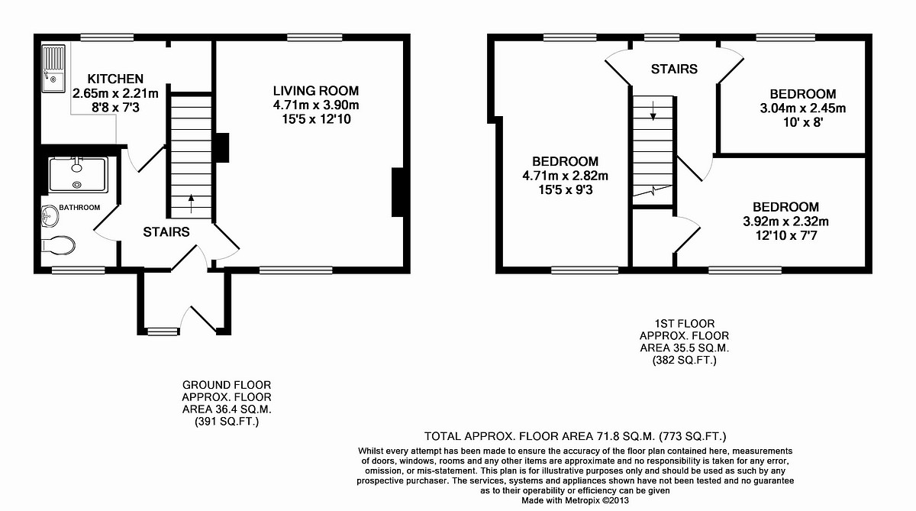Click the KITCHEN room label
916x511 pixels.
pyautogui.click(x=115, y=79)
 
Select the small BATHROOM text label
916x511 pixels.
pyautogui.click(x=80, y=208)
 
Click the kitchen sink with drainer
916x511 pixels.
pyautogui.click(x=55, y=70)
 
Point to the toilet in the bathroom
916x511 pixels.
pyautogui.click(x=58, y=245)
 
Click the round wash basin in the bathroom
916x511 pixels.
pyautogui.click(x=49, y=217)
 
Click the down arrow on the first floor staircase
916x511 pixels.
pyautogui.click(x=653, y=115)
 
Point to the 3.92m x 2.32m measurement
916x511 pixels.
pyautogui.click(x=785, y=222)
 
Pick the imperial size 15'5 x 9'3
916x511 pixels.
pyautogui.click(x=566, y=190)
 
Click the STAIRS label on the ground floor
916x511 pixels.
pyautogui.click(x=166, y=232)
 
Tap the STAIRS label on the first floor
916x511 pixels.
pyautogui.click(x=674, y=69)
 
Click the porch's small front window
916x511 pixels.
pyautogui.click(x=161, y=331)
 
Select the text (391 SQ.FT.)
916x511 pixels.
pyautogui.click(x=226, y=421)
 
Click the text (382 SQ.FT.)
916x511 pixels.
pyautogui.click(x=684, y=360)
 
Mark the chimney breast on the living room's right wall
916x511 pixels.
pyautogui.click(x=398, y=193)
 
